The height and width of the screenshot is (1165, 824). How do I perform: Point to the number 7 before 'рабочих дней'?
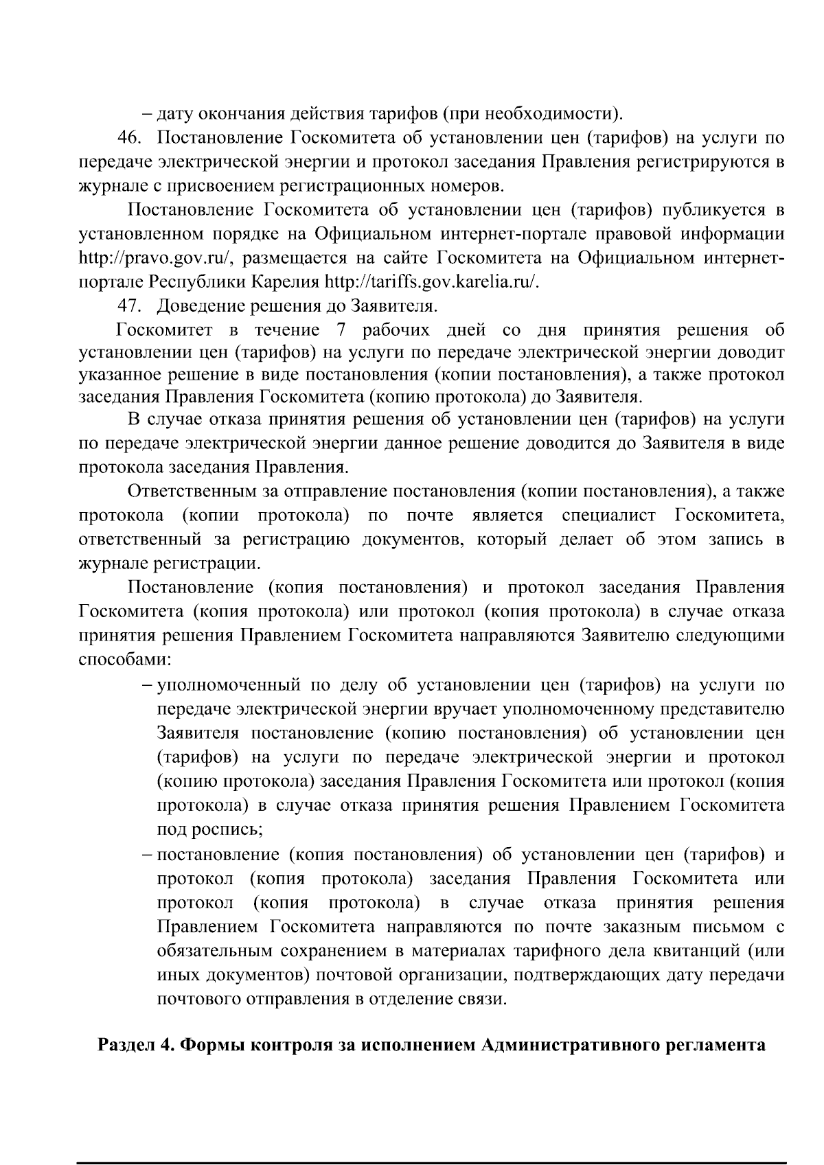[x=340, y=330]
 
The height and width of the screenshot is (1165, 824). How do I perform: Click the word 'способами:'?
[x=125, y=660]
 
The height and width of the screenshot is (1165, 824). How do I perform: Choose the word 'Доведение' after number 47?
[x=201, y=305]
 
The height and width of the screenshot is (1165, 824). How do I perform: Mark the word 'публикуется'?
[x=704, y=209]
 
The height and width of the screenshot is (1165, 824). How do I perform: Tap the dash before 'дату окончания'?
[x=148, y=113]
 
